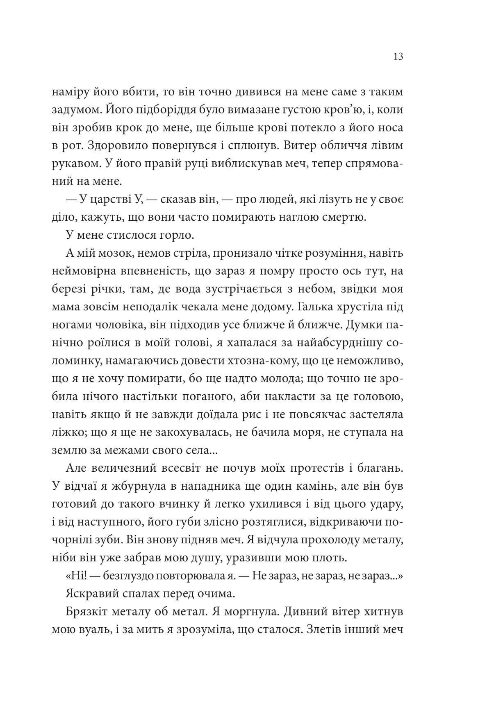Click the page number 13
pyautogui.click(x=398, y=57)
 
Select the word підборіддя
pyautogui.click(x=157, y=109)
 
